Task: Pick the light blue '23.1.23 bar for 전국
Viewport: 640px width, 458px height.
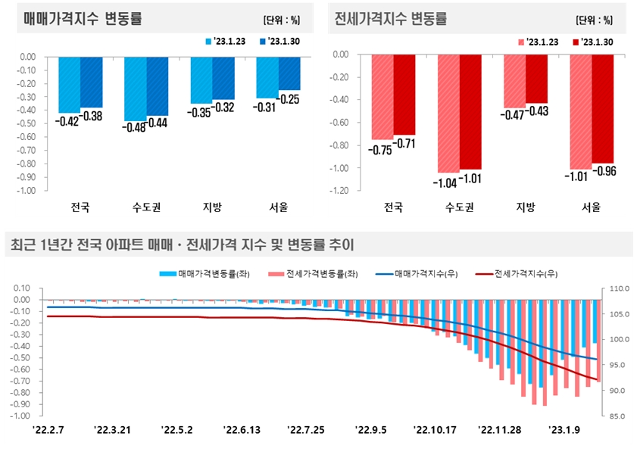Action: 70,83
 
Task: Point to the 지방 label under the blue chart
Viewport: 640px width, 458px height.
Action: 212,207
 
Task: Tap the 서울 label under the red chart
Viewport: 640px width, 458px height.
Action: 592,207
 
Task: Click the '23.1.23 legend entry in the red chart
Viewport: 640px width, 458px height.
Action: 538,42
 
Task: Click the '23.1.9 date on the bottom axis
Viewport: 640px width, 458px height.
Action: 565,430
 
